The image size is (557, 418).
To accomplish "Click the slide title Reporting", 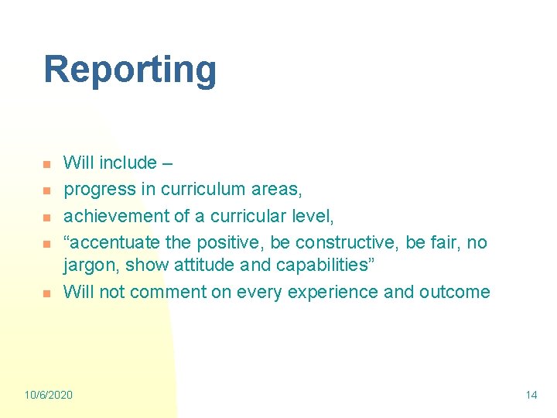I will [130, 70].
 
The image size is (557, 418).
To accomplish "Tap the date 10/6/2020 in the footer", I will [48, 395].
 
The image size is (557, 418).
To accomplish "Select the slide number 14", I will [531, 395].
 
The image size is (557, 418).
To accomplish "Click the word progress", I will [92, 189].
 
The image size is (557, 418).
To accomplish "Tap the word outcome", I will [456, 292].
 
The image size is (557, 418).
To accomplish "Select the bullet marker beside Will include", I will [46, 165].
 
